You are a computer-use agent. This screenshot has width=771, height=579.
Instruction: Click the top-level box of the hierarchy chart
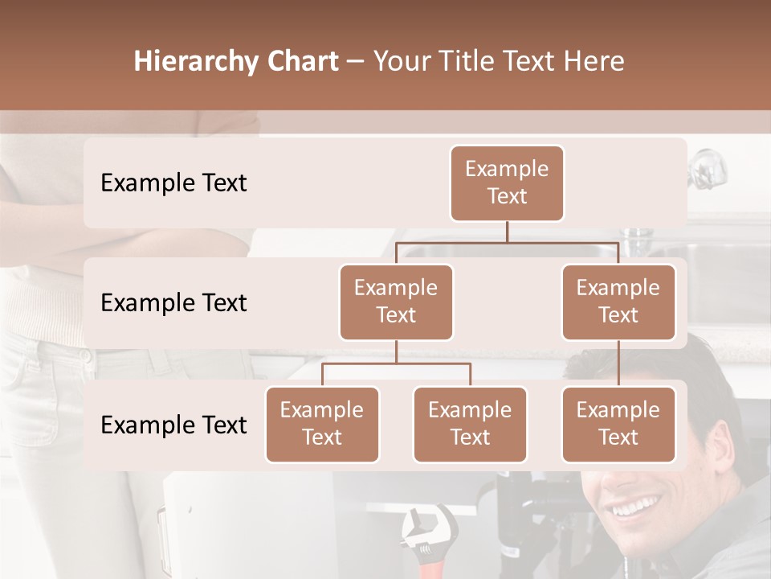click(507, 183)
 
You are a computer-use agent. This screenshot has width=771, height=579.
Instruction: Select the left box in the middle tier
click(396, 302)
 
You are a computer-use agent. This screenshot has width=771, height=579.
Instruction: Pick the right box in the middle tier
click(618, 302)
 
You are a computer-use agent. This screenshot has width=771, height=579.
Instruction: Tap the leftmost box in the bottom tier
click(322, 424)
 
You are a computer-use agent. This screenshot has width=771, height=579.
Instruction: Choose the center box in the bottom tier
click(470, 424)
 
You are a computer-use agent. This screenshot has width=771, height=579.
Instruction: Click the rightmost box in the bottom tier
click(618, 424)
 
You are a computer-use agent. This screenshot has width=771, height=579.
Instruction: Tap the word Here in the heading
click(594, 61)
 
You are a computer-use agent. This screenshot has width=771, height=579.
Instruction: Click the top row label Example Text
click(173, 183)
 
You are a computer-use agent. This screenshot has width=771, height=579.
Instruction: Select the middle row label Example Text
click(173, 303)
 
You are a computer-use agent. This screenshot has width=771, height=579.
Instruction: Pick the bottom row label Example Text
click(173, 425)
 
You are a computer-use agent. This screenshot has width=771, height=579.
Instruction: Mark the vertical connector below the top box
click(507, 232)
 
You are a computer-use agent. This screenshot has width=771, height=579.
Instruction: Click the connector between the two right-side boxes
click(618, 363)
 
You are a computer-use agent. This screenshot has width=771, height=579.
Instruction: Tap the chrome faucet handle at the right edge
click(706, 168)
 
